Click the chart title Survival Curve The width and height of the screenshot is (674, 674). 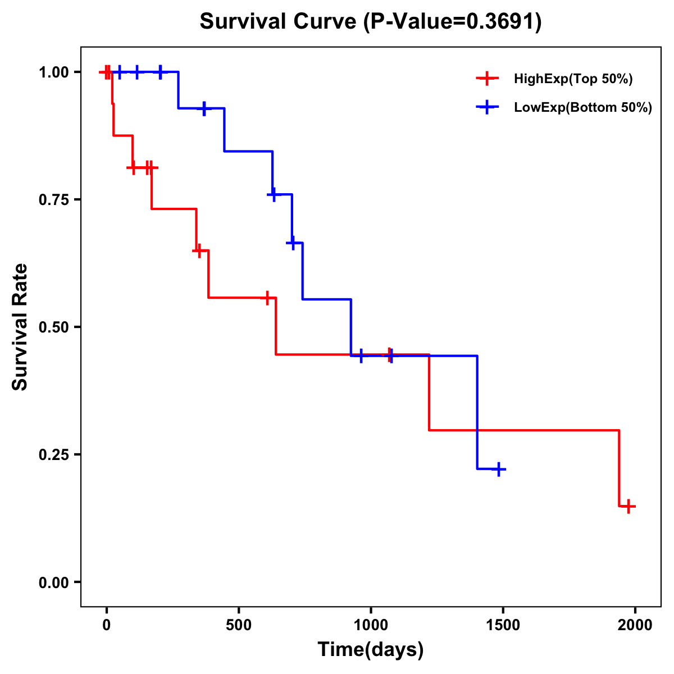point(279,22)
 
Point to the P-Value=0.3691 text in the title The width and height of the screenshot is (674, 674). point(452,22)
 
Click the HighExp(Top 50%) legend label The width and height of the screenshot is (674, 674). point(573,79)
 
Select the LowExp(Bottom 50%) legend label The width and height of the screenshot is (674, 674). point(583,108)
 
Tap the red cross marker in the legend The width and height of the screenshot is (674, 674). point(487,79)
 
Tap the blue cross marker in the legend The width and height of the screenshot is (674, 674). point(487,107)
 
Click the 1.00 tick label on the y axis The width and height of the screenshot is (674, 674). point(53,72)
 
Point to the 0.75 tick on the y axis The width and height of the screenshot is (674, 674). point(53,200)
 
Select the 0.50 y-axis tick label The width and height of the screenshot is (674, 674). point(53,327)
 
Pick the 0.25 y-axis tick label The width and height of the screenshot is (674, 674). point(53,455)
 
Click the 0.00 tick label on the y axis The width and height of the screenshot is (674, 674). point(53,582)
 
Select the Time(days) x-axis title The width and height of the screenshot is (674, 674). point(371,650)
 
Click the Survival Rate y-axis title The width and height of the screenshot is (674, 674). point(20,327)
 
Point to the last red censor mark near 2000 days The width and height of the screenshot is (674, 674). point(629,506)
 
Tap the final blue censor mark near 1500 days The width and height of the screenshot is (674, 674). point(498,469)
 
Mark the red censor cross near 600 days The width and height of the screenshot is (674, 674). point(268,298)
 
